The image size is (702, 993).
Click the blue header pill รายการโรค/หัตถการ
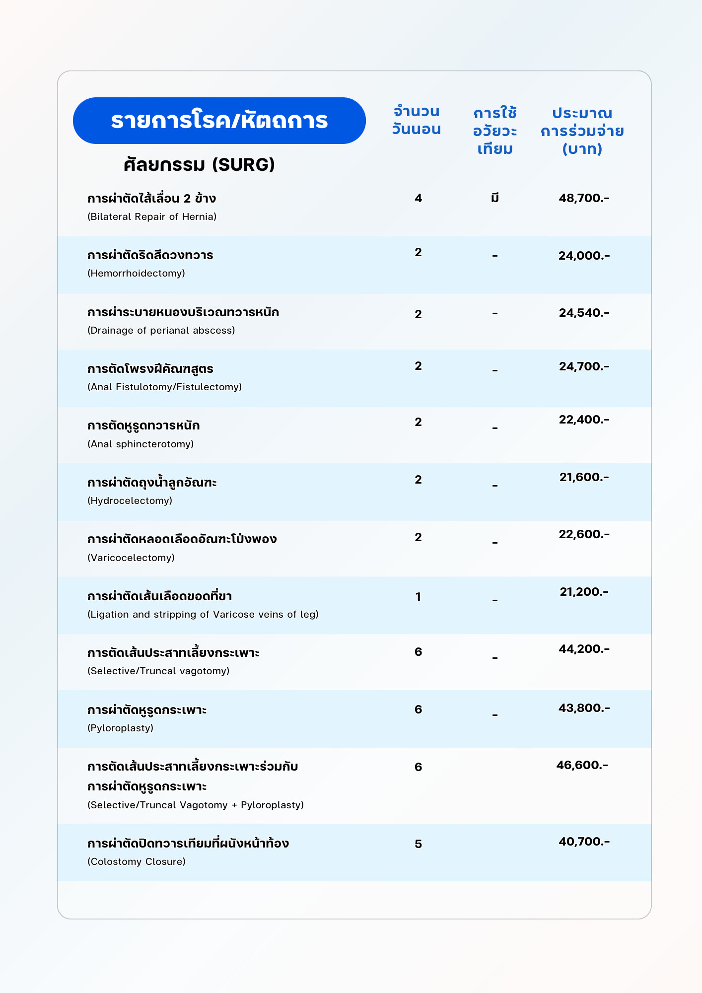219,121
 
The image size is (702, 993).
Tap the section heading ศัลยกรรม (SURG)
199,164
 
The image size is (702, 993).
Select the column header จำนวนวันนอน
416,120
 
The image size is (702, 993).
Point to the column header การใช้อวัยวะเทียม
495,131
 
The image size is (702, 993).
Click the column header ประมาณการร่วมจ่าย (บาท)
582,131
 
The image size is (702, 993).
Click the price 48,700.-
584,198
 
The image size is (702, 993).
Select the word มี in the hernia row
494,199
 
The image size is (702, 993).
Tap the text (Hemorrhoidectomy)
136,273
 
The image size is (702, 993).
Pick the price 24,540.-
584,313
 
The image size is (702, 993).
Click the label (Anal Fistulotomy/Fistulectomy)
164,387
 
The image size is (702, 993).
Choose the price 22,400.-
584,420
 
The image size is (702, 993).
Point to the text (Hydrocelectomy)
130,500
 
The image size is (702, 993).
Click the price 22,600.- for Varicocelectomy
584,534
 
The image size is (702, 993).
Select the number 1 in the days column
418,596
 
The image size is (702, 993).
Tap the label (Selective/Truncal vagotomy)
158,671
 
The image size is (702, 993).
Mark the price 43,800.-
584,708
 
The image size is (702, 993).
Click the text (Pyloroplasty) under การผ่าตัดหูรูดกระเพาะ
120,728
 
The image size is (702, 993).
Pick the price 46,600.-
582,765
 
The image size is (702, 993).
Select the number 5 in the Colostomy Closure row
418,844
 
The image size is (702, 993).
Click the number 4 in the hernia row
418,198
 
